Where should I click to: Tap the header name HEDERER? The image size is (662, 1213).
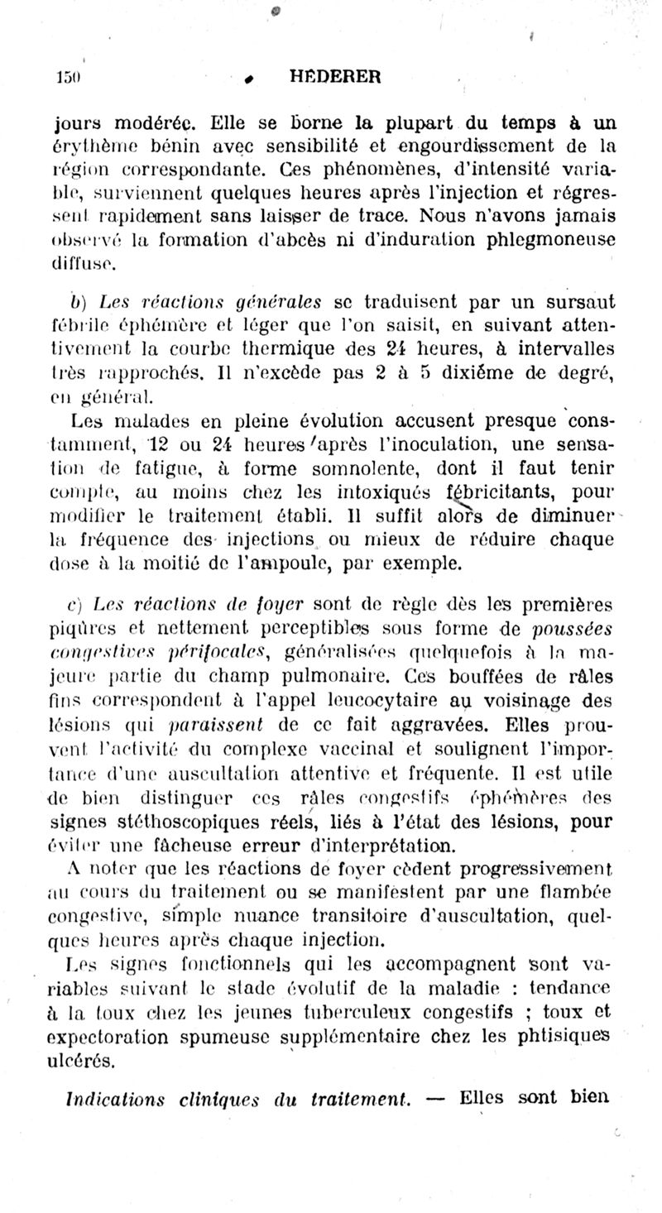tap(335, 77)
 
